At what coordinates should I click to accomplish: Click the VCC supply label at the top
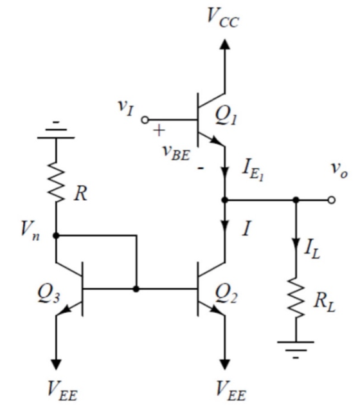coord(222,19)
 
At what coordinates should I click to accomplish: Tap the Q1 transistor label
coord(226,116)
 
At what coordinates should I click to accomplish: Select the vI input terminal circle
coord(145,120)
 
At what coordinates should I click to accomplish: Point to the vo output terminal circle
coord(331,200)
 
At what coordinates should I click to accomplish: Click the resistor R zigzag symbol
coord(56,182)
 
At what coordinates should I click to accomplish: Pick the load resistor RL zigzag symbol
coord(296,298)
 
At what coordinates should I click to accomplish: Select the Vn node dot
coord(56,236)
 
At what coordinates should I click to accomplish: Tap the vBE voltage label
coord(177,152)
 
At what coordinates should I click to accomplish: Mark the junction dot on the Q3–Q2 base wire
coord(136,289)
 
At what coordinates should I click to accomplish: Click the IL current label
coord(312,250)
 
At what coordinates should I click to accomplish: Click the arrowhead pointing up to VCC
coord(225,44)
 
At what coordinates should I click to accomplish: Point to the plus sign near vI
coord(159,131)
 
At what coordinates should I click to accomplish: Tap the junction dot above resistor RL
coord(296,200)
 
